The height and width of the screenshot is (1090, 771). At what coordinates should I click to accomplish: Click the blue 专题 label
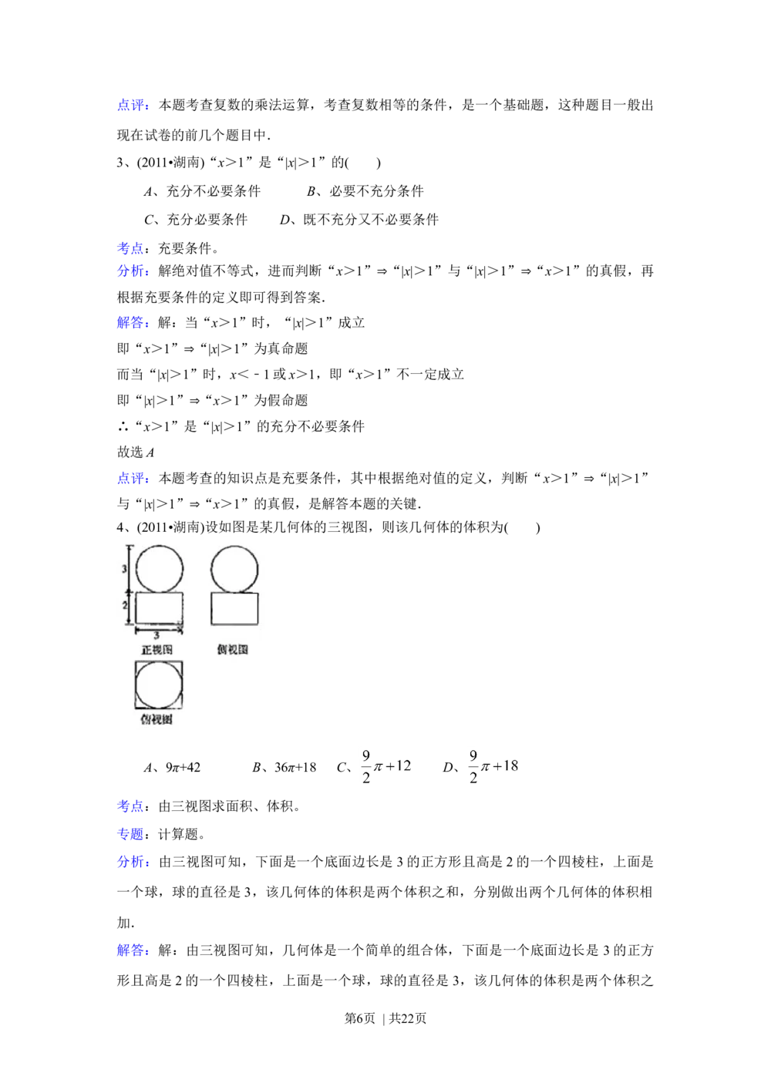pos(130,834)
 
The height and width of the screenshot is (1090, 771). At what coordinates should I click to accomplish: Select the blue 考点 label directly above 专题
pos(130,806)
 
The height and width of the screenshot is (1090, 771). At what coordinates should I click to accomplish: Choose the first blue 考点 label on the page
pos(130,248)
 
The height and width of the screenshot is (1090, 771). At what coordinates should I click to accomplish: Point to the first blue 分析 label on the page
pos(132,271)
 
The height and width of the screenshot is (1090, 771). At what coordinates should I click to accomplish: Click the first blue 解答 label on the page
pos(132,323)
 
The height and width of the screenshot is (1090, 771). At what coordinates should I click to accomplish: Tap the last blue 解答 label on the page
pos(132,952)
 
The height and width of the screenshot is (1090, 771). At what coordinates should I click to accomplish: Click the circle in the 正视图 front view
pos(160,569)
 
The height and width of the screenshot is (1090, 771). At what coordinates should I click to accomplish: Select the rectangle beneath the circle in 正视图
pos(160,607)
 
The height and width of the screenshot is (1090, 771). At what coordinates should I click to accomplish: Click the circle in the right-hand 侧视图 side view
pos(234,569)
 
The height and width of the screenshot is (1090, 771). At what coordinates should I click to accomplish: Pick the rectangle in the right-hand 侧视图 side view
pos(234,608)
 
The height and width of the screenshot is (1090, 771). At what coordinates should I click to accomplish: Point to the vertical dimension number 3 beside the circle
pos(124,569)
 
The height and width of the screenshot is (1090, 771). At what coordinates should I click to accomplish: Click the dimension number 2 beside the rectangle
pos(124,606)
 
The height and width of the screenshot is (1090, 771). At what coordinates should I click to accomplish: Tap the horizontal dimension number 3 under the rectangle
pos(157,635)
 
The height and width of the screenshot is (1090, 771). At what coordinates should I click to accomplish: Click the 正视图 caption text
pos(157,650)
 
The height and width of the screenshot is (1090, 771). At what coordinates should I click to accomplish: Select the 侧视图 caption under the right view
pos(233,650)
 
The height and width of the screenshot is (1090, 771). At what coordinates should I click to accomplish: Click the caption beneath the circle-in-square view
pos(157,719)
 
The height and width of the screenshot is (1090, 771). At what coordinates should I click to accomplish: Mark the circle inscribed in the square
pos(160,685)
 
